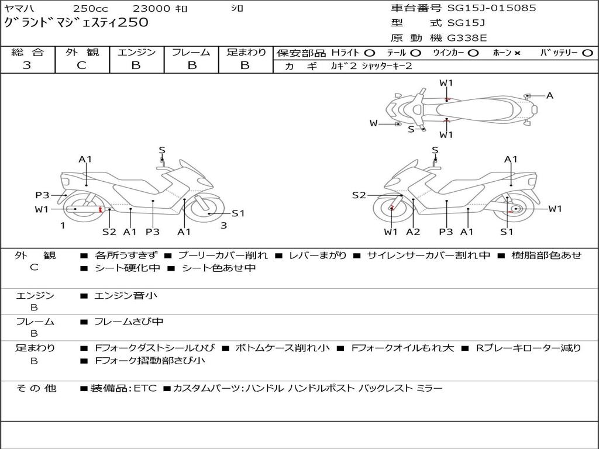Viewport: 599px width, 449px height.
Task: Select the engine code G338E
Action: coord(466,39)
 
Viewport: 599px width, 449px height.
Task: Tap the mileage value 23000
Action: coord(151,9)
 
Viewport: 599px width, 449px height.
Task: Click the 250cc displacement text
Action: coord(90,9)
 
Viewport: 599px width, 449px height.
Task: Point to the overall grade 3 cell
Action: coord(27,65)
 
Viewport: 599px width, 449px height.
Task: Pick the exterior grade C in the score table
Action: coord(81,65)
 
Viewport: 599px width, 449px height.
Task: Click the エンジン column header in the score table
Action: coord(136,53)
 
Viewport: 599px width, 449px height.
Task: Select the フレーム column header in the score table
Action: coord(191,53)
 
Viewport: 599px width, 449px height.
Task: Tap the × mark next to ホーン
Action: coord(517,53)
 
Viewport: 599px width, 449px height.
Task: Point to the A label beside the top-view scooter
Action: coord(549,95)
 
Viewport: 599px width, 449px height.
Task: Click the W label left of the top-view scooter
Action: coord(373,123)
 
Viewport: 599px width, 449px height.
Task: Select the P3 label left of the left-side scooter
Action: coord(42,195)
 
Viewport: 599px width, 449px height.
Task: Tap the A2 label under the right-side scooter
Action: coord(413,232)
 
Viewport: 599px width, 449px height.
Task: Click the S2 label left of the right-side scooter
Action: coord(359,195)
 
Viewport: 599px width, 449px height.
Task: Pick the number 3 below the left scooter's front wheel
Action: coord(223,225)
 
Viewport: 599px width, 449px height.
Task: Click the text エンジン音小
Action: coord(126,296)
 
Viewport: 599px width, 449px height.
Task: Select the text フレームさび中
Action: coord(129,322)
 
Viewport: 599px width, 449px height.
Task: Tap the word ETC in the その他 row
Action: coord(145,388)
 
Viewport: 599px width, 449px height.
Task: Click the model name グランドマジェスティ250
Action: coord(76,23)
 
